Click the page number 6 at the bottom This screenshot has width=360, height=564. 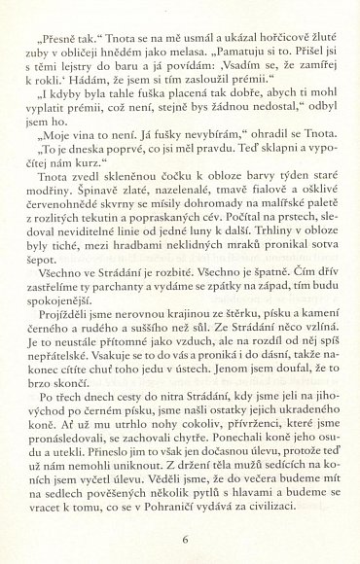[x=184, y=539]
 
